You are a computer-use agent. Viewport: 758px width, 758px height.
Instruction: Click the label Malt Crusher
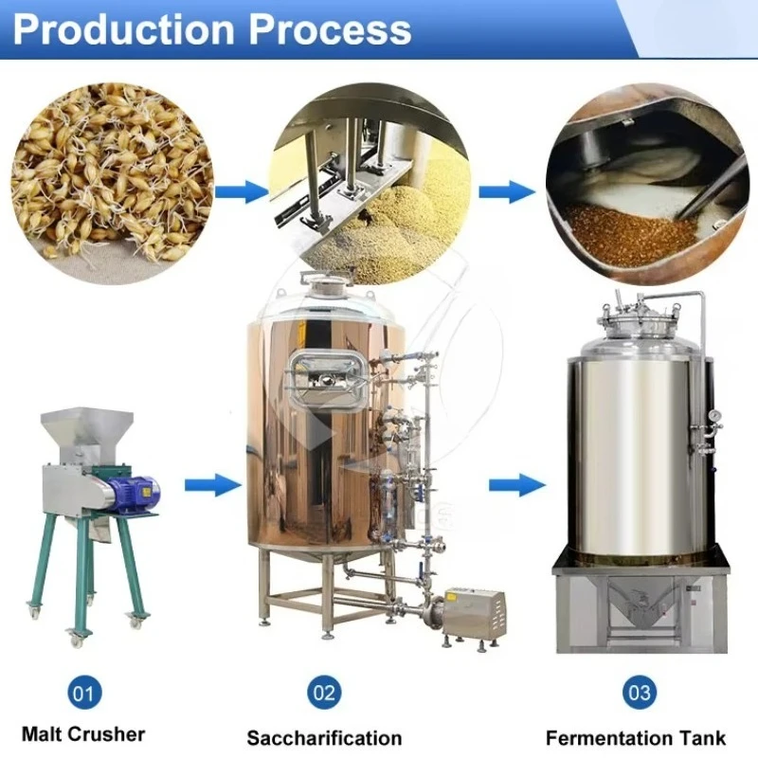83,733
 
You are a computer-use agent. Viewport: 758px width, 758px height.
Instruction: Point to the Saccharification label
324,737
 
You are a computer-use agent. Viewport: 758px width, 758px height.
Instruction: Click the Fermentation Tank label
636,737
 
